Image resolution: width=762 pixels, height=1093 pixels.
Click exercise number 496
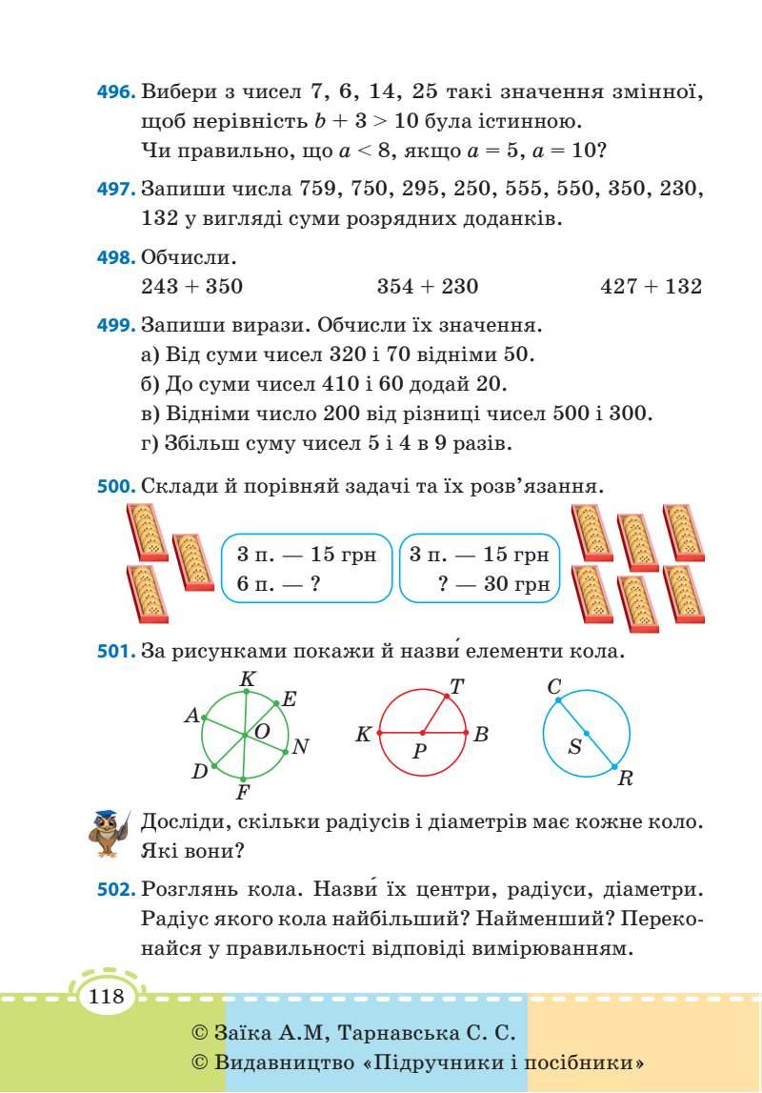117,93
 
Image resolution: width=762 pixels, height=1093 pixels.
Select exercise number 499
117,325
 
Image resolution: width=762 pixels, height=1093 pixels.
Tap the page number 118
107,998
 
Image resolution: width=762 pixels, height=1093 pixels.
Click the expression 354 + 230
428,286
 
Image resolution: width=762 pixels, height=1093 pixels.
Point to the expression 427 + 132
652,286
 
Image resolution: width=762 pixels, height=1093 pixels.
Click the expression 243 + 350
191,286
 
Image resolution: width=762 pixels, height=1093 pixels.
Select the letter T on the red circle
456,686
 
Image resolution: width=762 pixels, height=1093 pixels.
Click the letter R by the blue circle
625,779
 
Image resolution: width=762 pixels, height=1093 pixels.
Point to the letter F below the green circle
243,792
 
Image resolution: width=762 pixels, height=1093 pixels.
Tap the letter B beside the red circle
481,735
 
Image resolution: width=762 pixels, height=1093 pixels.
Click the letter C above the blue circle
553,686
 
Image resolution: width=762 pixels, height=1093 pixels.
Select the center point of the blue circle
586,733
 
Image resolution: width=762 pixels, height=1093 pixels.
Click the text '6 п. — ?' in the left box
277,584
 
